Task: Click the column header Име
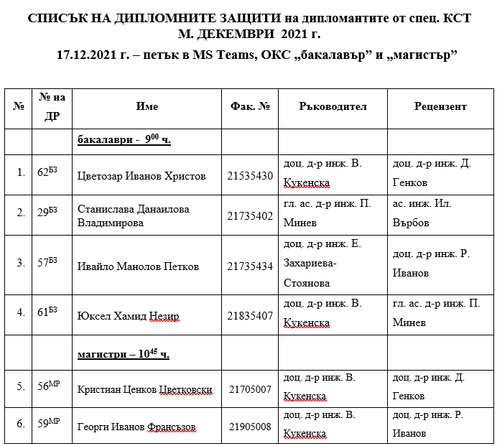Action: click(147, 106)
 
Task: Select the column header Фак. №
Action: click(250, 106)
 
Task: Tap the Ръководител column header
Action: click(333, 106)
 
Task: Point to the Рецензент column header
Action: click(440, 106)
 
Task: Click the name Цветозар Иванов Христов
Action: click(141, 176)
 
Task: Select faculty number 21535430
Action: click(250, 176)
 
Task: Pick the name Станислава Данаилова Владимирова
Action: click(134, 216)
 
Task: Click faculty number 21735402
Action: click(250, 216)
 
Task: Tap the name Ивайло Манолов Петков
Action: click(138, 266)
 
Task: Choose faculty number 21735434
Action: click(250, 266)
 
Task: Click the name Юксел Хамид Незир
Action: click(128, 316)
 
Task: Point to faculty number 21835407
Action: click(250, 316)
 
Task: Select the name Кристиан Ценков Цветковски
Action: click(144, 391)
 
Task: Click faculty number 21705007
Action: click(250, 391)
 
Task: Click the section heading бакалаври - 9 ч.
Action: click(124, 141)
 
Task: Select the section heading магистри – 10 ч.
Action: click(124, 354)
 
